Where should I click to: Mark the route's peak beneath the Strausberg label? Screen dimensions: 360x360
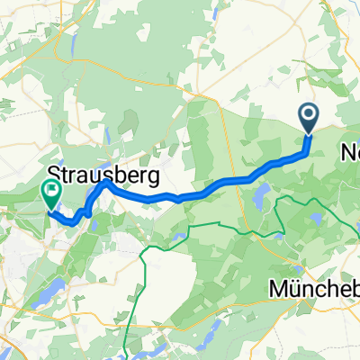pyautogui.click(x=105, y=182)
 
